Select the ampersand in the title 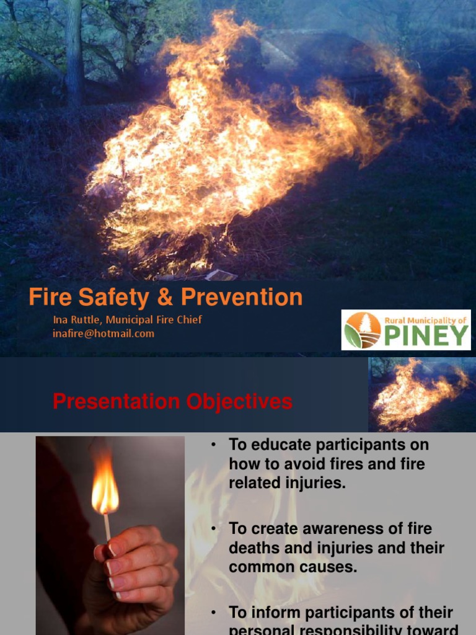point(165,298)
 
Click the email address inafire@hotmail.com point(104,334)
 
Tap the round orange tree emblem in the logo point(363,331)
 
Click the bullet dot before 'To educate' point(213,445)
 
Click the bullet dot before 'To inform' point(213,613)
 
